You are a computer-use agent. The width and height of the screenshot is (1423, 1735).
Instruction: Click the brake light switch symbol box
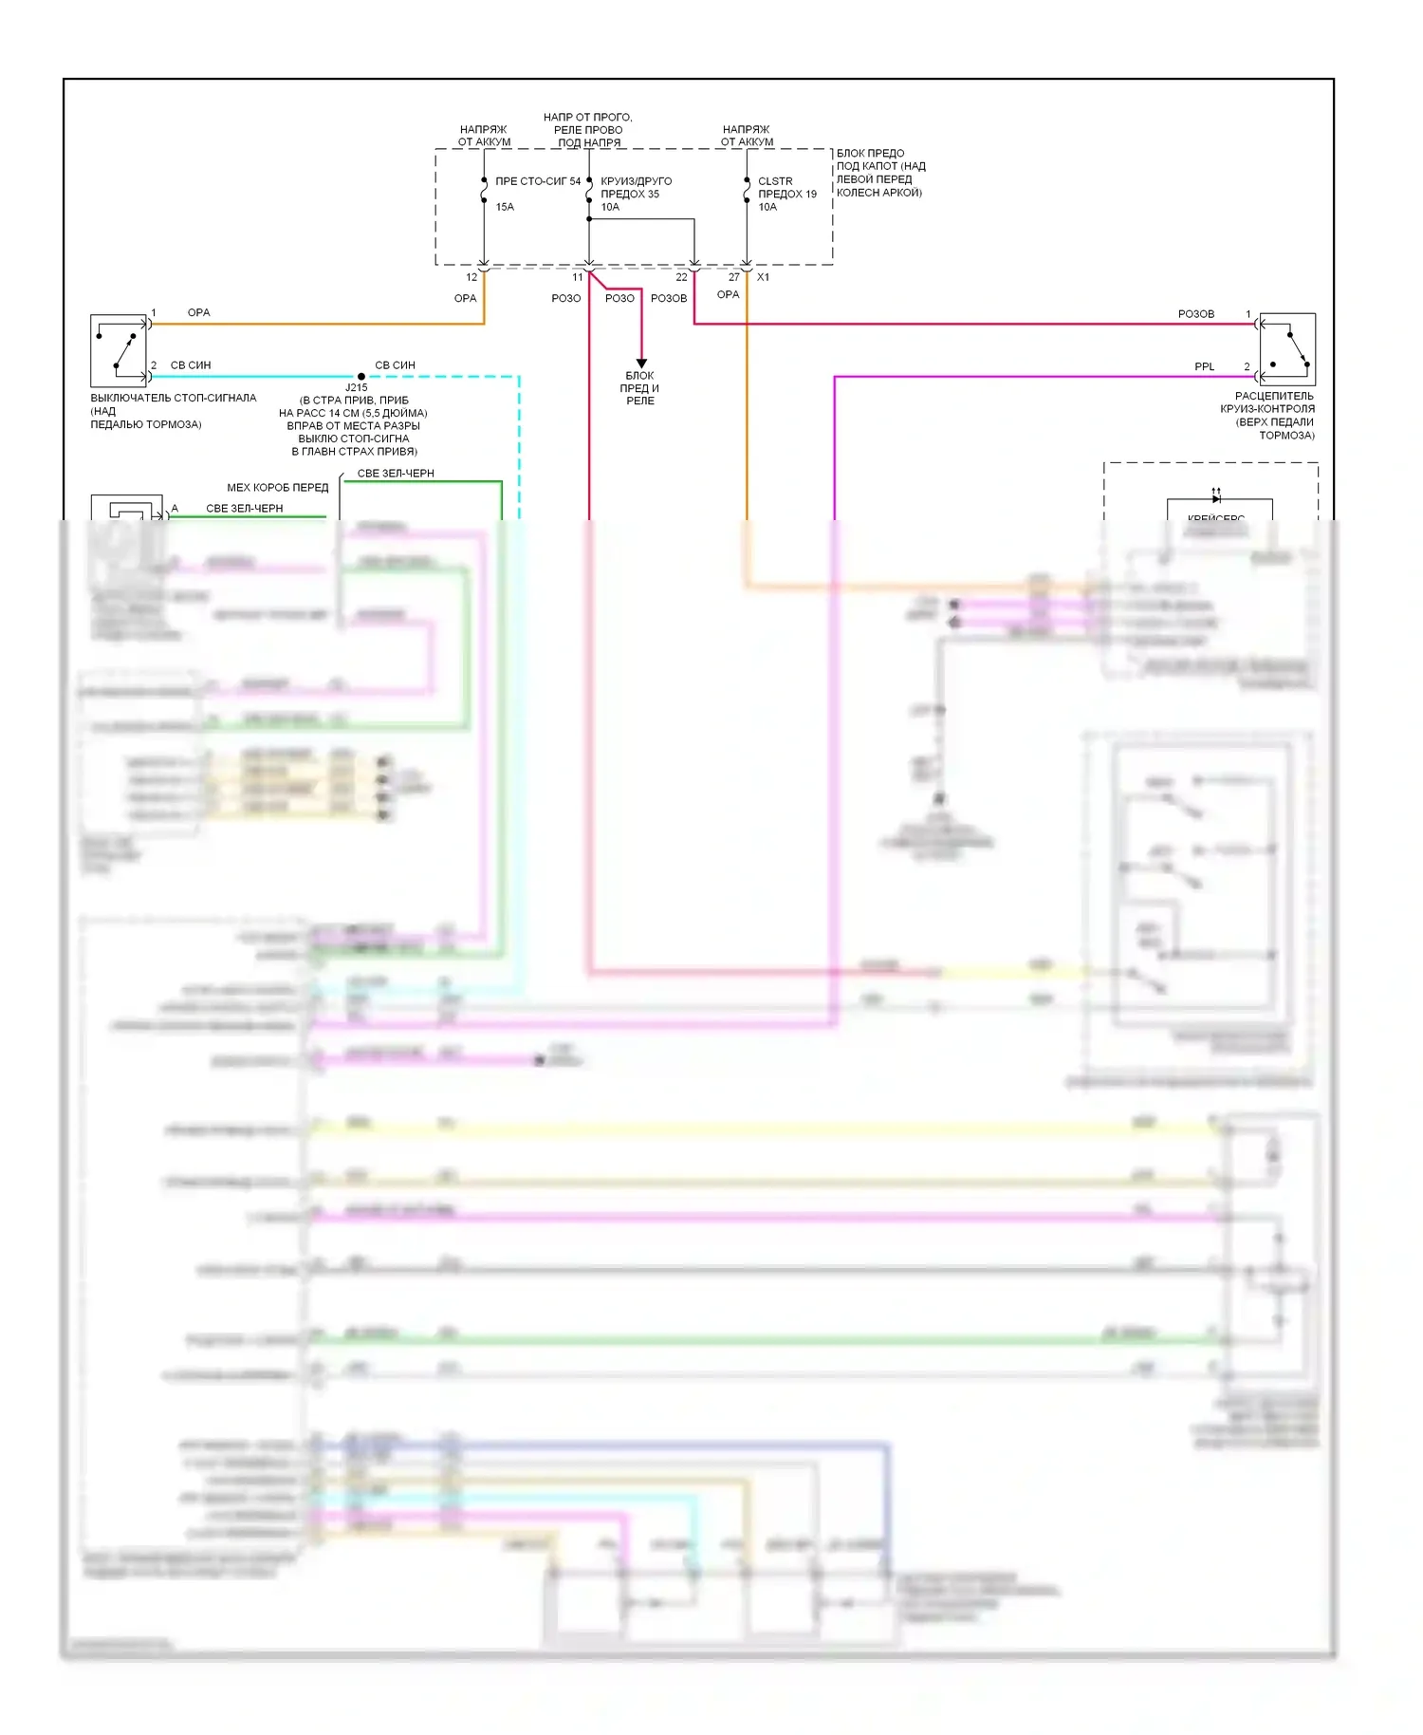pyautogui.click(x=119, y=349)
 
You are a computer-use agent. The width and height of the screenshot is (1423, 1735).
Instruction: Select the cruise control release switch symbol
pyautogui.click(x=1287, y=349)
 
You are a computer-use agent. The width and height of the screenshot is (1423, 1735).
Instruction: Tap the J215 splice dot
pyautogui.click(x=361, y=377)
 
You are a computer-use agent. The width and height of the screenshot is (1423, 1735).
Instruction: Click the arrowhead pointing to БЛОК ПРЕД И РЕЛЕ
pyautogui.click(x=641, y=364)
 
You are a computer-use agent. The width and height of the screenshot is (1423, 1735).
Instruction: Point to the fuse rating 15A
pyautogui.click(x=505, y=207)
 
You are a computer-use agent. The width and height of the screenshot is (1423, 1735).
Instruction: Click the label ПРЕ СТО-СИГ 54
pyautogui.click(x=538, y=181)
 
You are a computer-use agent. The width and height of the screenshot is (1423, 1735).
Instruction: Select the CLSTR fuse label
pyautogui.click(x=775, y=181)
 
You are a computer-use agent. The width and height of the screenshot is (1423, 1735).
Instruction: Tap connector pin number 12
pyautogui.click(x=471, y=277)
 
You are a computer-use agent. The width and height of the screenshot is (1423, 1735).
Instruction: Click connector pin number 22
pyautogui.click(x=681, y=277)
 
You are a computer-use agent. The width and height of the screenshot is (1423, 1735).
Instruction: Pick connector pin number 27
pyautogui.click(x=733, y=277)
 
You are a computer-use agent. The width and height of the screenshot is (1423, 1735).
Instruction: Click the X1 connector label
pyautogui.click(x=764, y=277)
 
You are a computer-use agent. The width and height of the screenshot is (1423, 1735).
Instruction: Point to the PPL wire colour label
pyautogui.click(x=1204, y=366)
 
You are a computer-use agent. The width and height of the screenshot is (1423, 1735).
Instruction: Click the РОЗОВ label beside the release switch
pyautogui.click(x=1195, y=314)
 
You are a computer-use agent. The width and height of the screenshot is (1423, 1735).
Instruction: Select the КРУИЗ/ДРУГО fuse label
pyautogui.click(x=636, y=181)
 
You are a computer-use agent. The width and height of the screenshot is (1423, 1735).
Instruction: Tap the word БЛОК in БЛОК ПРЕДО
pyautogui.click(x=851, y=154)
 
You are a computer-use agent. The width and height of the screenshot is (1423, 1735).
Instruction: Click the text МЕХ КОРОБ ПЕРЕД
pyautogui.click(x=277, y=488)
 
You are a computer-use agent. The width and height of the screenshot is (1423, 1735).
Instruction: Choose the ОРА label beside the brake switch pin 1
pyautogui.click(x=198, y=313)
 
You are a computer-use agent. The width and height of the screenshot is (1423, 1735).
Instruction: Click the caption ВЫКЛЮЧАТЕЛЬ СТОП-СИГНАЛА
pyautogui.click(x=174, y=399)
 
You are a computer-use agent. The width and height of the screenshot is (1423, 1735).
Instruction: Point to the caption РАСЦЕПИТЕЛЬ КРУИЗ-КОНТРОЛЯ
pyautogui.click(x=1274, y=397)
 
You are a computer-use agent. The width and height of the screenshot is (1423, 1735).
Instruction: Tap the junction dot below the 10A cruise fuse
pyautogui.click(x=589, y=219)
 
